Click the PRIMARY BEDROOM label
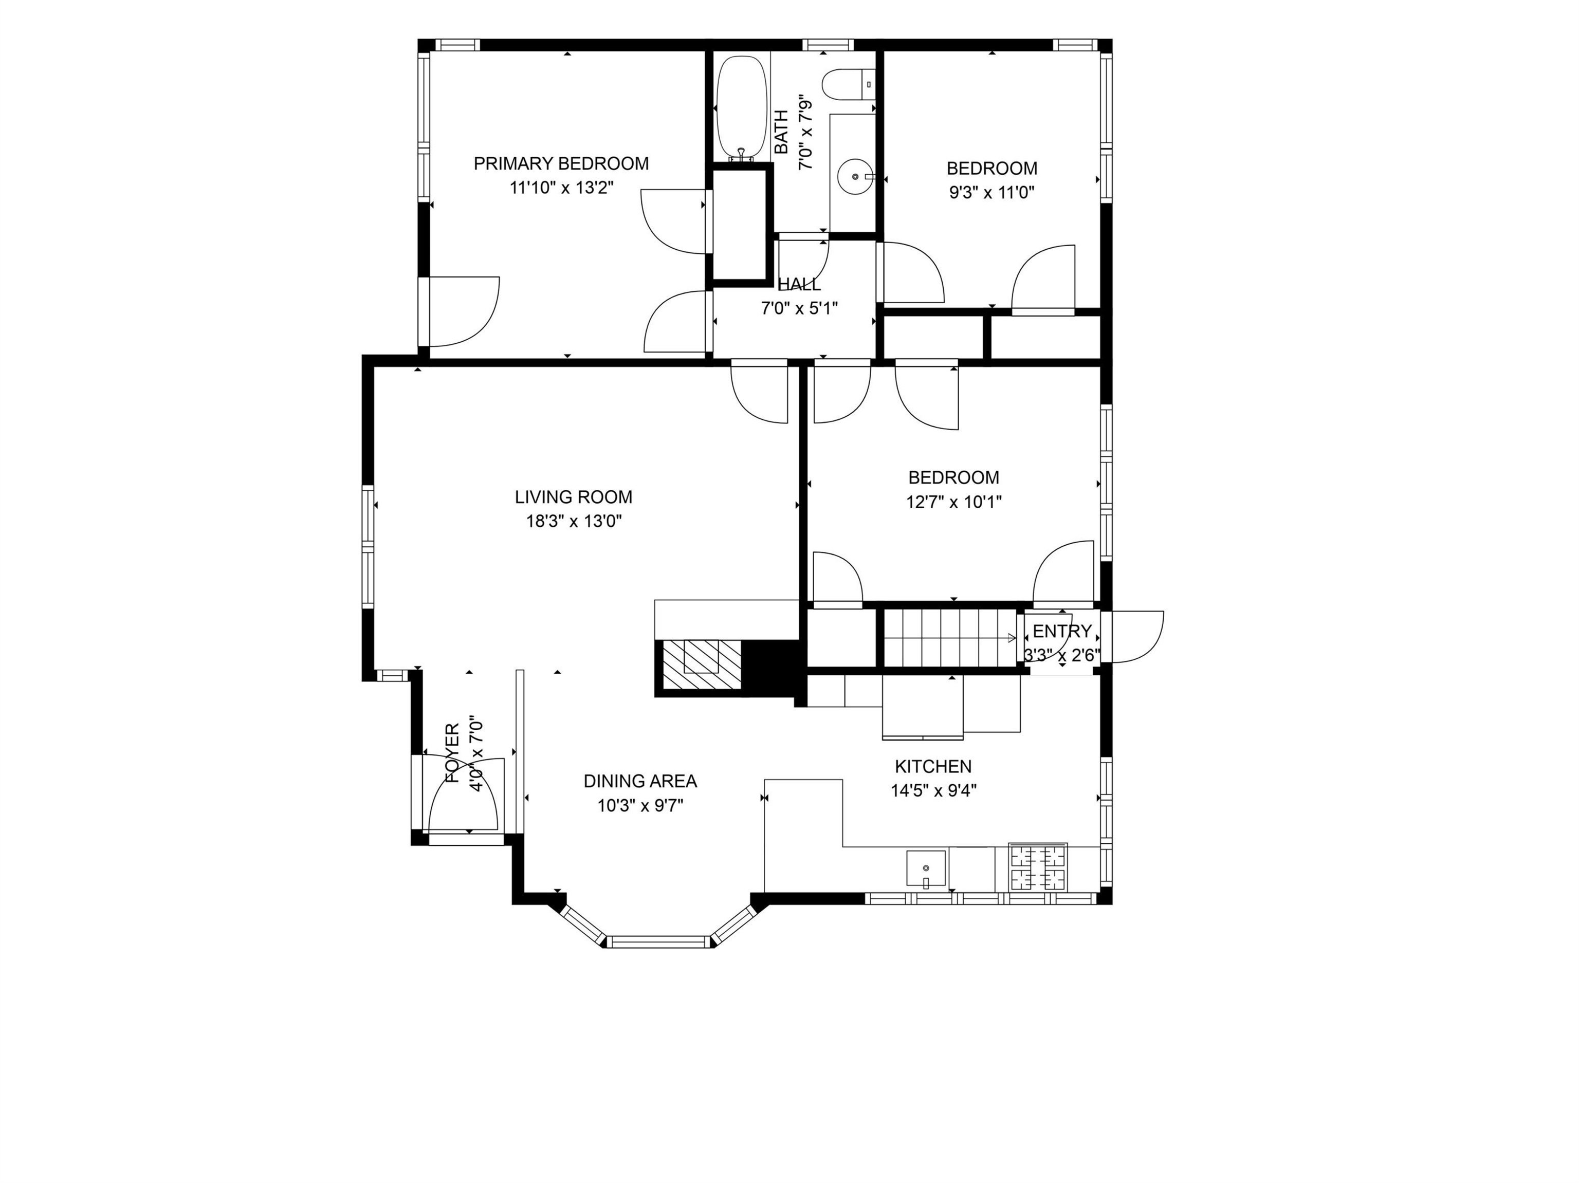[x=561, y=163]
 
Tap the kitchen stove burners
[x=1037, y=867]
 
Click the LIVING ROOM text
[x=573, y=496]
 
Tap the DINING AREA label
[x=640, y=781]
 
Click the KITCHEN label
[x=933, y=766]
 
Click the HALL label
[x=799, y=284]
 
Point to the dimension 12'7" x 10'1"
[x=953, y=502]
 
